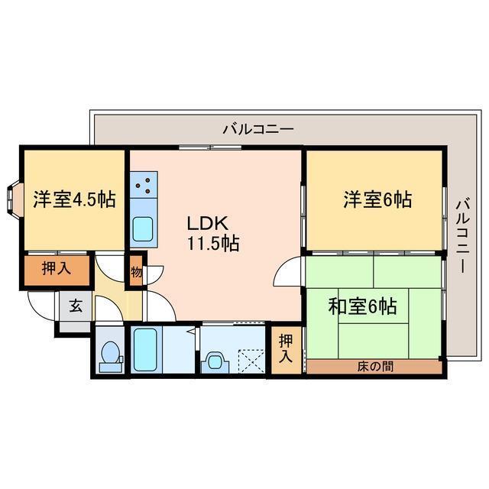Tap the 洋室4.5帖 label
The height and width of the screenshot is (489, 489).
tap(74, 200)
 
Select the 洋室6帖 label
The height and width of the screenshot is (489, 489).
tap(377, 200)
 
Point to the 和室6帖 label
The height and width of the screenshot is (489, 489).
tap(362, 306)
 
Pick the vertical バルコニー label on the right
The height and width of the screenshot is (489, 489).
tap(461, 235)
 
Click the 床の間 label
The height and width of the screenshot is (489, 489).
tap(375, 366)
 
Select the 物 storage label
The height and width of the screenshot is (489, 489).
tap(135, 272)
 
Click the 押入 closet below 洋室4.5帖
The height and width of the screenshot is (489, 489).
tap(56, 269)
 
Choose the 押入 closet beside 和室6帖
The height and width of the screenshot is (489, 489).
tap(285, 348)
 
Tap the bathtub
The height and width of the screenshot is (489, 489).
tap(144, 349)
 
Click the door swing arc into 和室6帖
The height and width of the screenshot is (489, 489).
tap(291, 271)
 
